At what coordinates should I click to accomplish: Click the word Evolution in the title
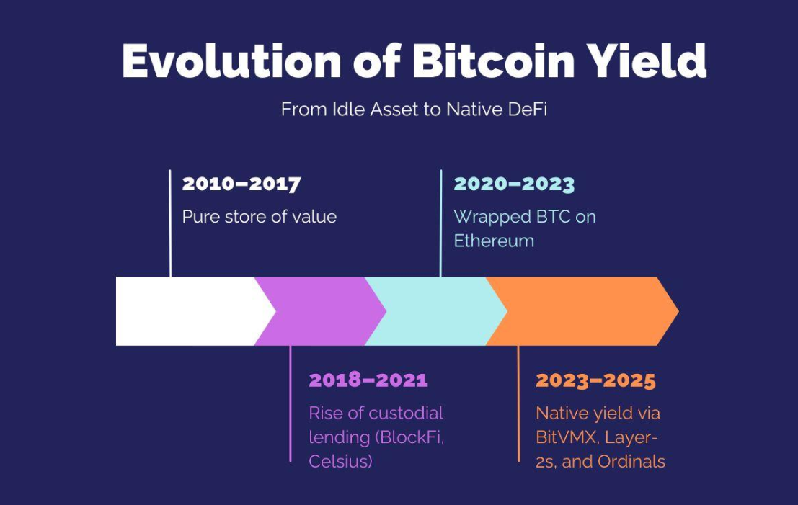coord(231,61)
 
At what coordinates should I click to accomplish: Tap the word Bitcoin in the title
coord(494,61)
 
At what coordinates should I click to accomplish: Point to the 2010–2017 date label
coord(241,184)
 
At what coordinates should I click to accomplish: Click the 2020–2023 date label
coord(514,184)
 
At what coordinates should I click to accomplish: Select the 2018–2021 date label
coord(368,380)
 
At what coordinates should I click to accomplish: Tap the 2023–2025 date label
coord(596,380)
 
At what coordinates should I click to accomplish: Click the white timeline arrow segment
coord(191,311)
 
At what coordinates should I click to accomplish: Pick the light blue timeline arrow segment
coord(436,311)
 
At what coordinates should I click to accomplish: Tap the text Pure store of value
coord(260,217)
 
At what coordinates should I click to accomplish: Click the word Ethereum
coord(494,241)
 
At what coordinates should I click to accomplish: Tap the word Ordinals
coord(631,462)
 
